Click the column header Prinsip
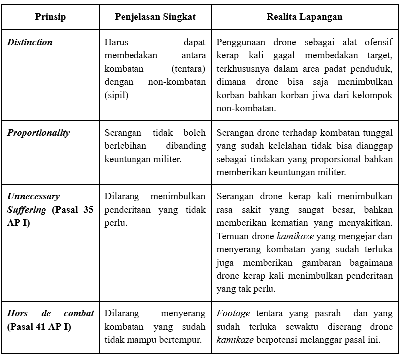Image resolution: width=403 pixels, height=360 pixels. point(50,17)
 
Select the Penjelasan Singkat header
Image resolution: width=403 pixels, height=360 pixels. point(155,17)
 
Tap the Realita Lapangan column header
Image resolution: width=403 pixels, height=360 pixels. point(304,17)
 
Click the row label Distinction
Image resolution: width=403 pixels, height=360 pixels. point(30,42)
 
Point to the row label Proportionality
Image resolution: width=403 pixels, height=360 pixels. point(38,133)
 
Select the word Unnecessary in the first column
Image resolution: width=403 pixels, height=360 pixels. point(33,197)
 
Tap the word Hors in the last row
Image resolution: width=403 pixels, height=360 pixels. point(17,314)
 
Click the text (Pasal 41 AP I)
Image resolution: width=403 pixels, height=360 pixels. point(39,327)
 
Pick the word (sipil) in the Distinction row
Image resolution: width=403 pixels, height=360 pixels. point(117,94)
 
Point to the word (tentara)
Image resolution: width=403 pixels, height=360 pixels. point(188,68)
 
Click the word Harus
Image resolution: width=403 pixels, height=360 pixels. point(117,42)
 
